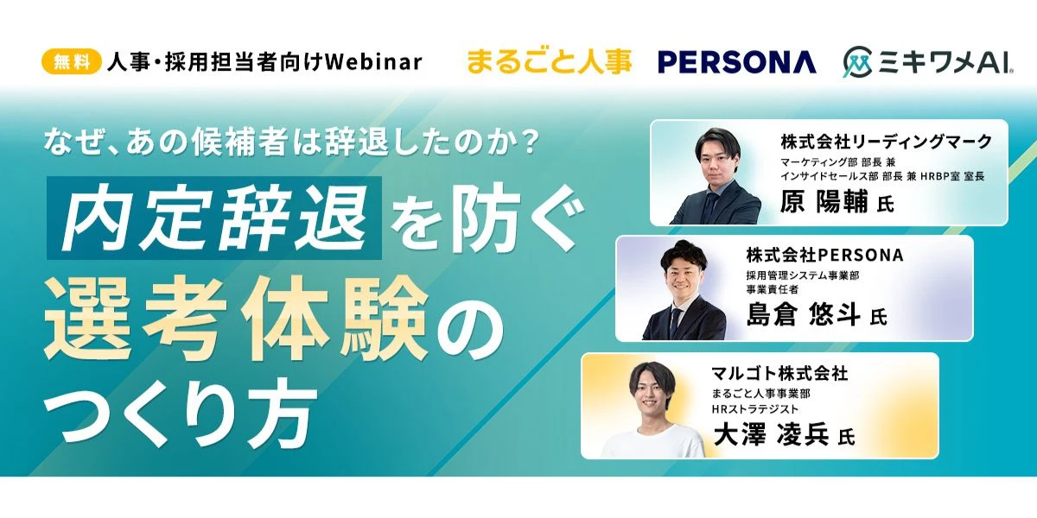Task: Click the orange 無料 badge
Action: [x=72, y=61]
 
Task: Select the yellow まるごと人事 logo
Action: [x=549, y=62]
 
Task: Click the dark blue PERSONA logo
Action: [x=737, y=62]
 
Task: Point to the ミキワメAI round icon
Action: [x=858, y=61]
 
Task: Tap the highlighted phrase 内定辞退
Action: [x=214, y=218]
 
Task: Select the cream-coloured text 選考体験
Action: [x=235, y=319]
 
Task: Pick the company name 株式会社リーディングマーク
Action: [x=886, y=142]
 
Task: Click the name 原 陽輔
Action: [x=824, y=202]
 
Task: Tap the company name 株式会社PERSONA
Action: [x=824, y=255]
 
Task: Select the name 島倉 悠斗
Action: [x=803, y=314]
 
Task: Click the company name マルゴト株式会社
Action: [x=780, y=373]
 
